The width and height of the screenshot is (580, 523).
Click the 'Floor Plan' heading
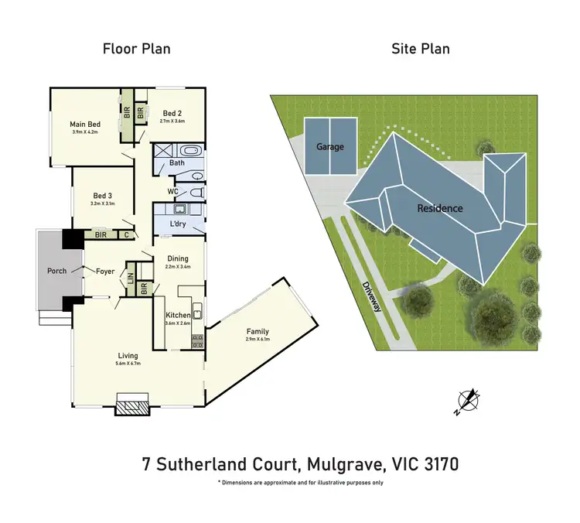pos(137,49)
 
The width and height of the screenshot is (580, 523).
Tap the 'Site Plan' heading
pos(420,49)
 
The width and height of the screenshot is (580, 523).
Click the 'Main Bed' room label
pos(85,124)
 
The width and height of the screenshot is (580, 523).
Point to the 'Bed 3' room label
pos(104,196)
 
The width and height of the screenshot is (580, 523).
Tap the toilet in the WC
pos(196,191)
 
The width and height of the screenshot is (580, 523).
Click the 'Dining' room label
pos(178,258)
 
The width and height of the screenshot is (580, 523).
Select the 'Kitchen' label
pos(178,315)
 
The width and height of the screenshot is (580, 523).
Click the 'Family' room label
pos(258,331)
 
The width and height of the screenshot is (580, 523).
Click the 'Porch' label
pos(56,271)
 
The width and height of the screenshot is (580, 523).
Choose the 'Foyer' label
pos(105,271)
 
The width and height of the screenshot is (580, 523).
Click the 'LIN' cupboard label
pos(131,275)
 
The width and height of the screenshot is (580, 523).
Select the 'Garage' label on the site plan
pos(329,147)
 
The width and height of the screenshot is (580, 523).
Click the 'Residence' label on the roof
pos(440,208)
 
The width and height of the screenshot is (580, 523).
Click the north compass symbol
pos(467,399)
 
